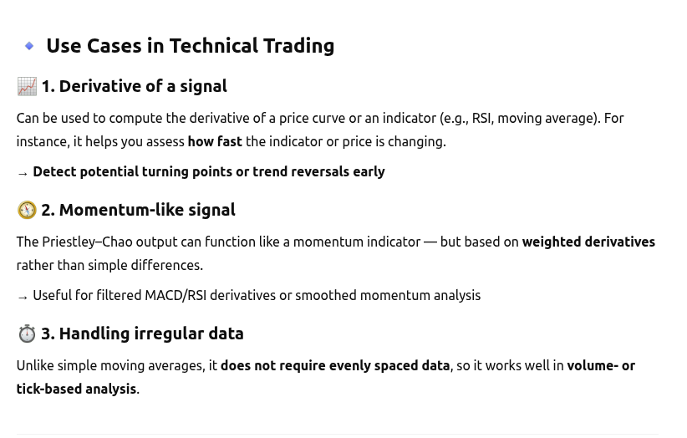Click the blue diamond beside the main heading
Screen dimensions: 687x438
[x=29, y=45]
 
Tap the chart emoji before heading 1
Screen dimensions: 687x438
[x=27, y=86]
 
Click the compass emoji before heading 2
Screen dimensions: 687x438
[x=27, y=210]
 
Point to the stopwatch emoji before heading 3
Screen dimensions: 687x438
[x=27, y=334]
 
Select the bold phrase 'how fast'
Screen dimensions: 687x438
[x=215, y=141]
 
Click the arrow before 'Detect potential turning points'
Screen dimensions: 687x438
[x=23, y=174]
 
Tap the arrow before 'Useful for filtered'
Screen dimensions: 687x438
[x=23, y=298]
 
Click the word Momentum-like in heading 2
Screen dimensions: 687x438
[x=121, y=210]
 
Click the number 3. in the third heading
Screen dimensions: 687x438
[x=48, y=334]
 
